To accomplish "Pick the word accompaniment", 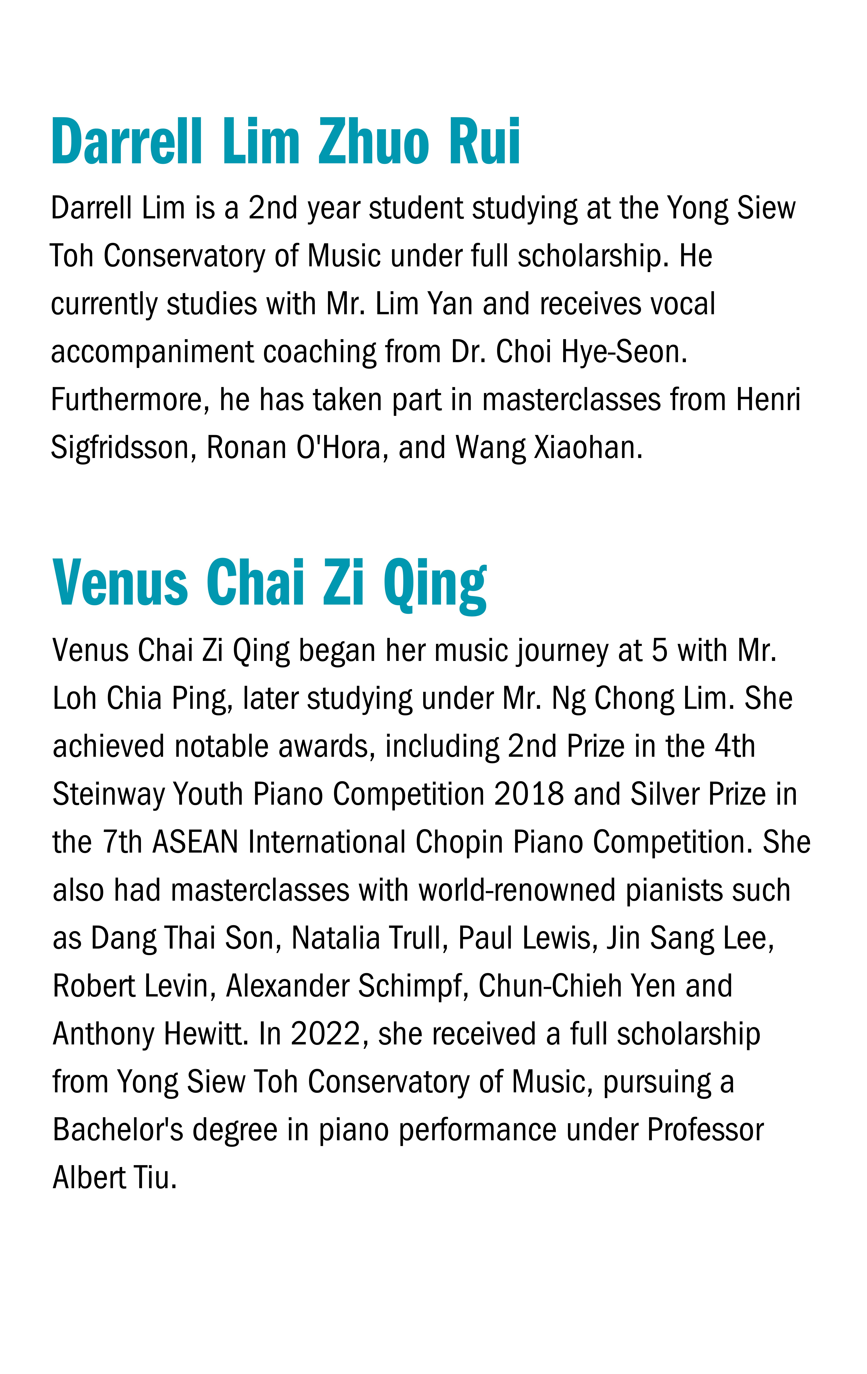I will point(152,352).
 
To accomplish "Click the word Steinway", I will point(109,794).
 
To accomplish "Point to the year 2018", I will point(528,794).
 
